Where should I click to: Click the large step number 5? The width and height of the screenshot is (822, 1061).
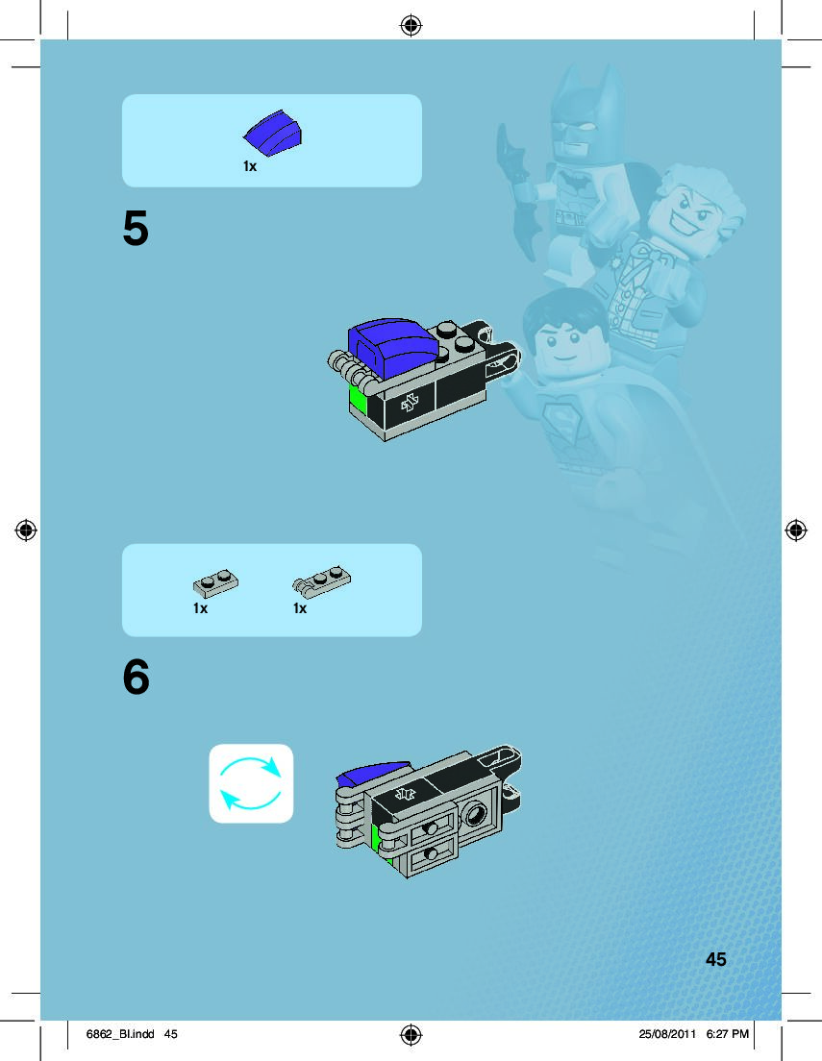pos(136,228)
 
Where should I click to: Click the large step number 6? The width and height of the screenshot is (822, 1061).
pos(137,677)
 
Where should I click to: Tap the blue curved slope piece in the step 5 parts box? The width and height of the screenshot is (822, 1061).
pos(273,133)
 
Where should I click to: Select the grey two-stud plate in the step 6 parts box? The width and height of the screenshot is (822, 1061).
pos(215,584)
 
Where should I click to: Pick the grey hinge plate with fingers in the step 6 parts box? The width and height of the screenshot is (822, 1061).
pos(322,581)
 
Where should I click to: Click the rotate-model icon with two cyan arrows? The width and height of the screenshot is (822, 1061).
pos(251,783)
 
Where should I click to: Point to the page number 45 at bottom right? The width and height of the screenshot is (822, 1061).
pos(715,959)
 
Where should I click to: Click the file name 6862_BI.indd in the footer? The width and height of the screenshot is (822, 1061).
pos(120,1034)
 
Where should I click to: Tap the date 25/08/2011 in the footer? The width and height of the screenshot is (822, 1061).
pos(667,1034)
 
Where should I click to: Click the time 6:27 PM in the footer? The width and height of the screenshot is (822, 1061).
pos(727,1034)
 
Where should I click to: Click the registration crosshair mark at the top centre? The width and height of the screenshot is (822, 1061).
pos(411,26)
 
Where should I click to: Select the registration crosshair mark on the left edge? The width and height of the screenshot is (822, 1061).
pos(26,530)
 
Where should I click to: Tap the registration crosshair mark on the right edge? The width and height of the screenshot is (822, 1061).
pos(796,530)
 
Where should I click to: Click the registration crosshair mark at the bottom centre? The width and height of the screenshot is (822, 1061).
pos(411,1035)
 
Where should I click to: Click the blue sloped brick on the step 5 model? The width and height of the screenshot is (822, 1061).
pos(392,345)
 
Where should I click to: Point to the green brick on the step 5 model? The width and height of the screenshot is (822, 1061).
pos(357,402)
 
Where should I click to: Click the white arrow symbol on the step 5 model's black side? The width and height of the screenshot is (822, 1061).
pos(409,404)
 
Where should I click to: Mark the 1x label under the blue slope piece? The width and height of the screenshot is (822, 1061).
pos(250,166)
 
